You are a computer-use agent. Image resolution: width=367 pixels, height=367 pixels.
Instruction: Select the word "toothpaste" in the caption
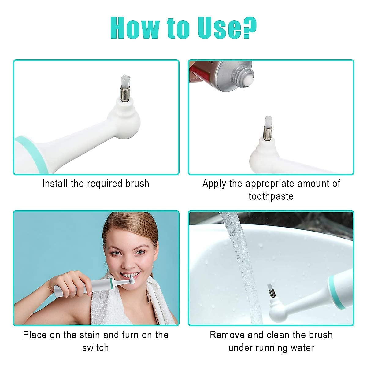coord(271,196)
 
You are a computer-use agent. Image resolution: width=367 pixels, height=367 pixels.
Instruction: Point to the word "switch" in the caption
coord(95,348)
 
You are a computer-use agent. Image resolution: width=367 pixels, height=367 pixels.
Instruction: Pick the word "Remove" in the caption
coord(227,335)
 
